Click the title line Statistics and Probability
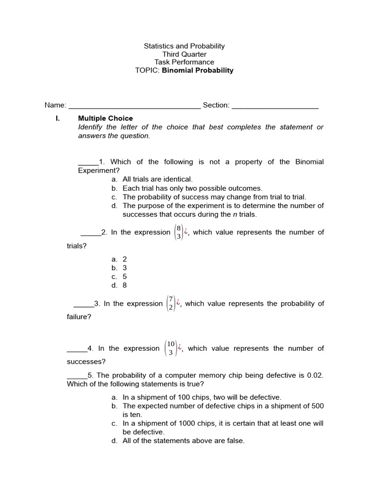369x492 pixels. [184, 46]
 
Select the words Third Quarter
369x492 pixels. [184, 54]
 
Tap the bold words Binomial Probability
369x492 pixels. [197, 70]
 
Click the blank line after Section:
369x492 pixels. [275, 106]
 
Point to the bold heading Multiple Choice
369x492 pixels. [105, 118]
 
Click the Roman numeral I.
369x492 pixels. [58, 118]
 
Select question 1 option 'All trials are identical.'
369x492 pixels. [158, 179]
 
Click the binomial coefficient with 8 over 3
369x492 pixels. [179, 232]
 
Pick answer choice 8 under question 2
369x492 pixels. [125, 285]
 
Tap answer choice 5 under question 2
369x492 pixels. [125, 276]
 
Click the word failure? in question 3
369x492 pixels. [79, 317]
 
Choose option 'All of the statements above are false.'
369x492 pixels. [184, 441]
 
